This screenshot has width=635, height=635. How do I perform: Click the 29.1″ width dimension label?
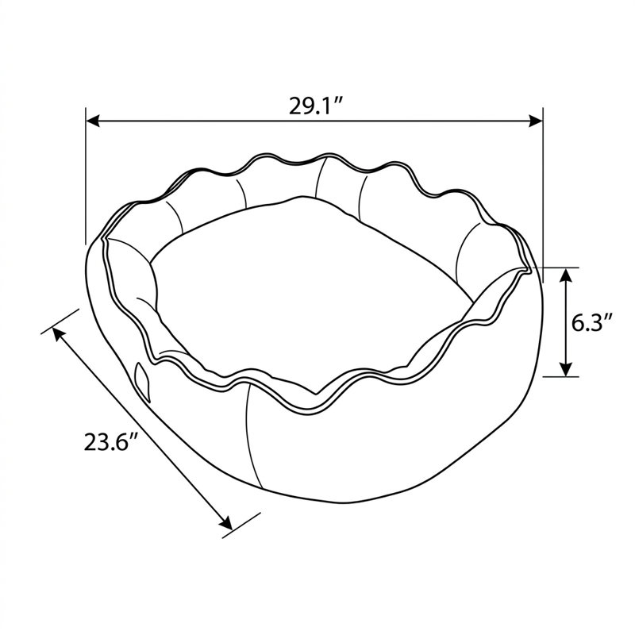(316, 106)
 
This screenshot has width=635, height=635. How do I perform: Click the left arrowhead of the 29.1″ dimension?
(93, 121)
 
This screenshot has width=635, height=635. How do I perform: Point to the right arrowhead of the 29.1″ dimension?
(536, 121)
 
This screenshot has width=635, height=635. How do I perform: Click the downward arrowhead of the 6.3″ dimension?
(566, 369)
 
